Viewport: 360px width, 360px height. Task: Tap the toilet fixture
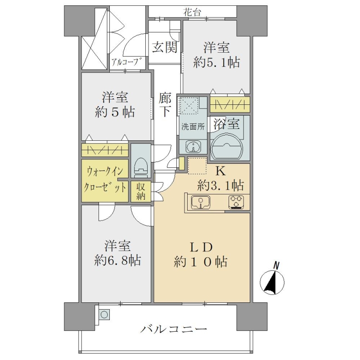[x=141, y=168]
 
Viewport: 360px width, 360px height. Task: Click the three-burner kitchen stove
[x=236, y=202]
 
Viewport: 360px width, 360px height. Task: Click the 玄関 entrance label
[x=165, y=48]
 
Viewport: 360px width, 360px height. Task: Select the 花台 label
[x=192, y=12]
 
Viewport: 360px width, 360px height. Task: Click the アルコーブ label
[x=126, y=62]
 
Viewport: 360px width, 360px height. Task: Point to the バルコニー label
[x=174, y=330]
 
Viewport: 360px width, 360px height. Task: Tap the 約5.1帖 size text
[x=216, y=63]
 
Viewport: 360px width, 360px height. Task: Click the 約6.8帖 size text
[x=117, y=261]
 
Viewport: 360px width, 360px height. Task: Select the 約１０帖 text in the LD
[x=200, y=261]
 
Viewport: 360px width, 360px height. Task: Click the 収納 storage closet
[x=141, y=191]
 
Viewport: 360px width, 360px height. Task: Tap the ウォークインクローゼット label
[x=105, y=180]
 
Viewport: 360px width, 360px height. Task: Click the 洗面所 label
[x=193, y=127]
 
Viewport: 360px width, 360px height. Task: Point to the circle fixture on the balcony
[x=104, y=314]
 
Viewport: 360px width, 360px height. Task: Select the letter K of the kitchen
[x=220, y=171]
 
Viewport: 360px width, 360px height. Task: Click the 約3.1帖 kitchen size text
[x=220, y=185]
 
